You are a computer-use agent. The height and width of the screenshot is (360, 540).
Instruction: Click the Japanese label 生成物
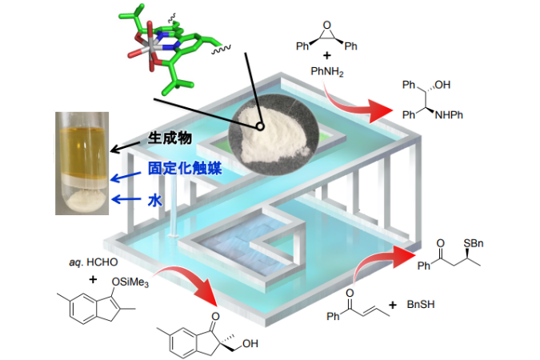coord(170,138)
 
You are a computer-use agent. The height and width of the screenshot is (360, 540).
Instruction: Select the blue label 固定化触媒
coord(185,169)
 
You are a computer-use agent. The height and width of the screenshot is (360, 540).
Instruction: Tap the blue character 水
coord(154,199)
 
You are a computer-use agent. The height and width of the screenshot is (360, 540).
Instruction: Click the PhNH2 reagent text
coord(327,71)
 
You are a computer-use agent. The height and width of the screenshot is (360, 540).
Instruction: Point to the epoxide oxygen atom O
coord(327,25)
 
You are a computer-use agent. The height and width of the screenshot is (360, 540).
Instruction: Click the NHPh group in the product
coord(449,114)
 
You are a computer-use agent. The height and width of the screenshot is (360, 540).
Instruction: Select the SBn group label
coord(473,243)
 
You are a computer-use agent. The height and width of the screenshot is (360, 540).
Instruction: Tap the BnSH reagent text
coord(421,304)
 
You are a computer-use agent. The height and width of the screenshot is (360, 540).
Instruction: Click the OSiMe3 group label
coord(130,282)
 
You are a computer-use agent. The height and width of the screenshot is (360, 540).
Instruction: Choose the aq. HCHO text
coord(94,262)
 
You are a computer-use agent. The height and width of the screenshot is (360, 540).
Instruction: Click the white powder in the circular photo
coord(272,134)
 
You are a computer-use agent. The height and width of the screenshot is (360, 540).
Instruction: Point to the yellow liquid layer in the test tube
coord(82,151)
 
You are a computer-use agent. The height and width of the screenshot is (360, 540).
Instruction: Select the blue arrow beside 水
coord(126,199)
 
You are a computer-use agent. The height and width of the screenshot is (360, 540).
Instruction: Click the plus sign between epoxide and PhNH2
coord(327,55)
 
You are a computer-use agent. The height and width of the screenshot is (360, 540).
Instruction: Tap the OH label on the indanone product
coord(250,343)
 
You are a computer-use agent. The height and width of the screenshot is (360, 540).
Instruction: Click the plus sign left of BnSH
coord(393,305)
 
